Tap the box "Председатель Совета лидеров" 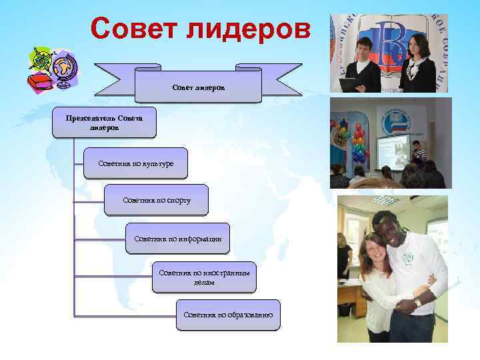[x=103, y=122]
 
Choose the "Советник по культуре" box [x=135, y=163]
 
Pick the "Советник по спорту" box [x=157, y=200]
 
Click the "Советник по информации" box [x=177, y=238]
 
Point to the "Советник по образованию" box [x=228, y=314]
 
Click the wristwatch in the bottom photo [x=417, y=302]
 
